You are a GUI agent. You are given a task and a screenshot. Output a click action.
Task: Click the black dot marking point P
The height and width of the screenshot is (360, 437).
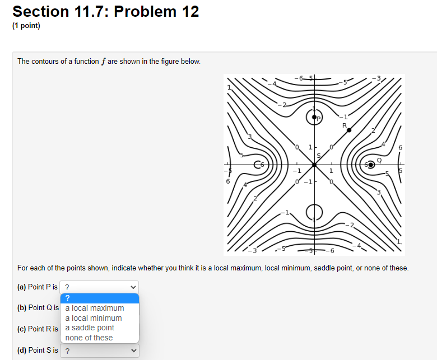[314, 117]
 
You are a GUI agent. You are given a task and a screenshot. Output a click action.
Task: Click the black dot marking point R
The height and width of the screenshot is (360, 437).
[349, 130]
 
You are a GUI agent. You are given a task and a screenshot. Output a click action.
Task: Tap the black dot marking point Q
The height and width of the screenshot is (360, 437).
[371, 165]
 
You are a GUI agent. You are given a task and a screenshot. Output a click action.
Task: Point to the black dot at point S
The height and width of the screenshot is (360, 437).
[314, 165]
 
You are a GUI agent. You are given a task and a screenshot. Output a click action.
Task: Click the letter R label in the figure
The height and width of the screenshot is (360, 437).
[345, 125]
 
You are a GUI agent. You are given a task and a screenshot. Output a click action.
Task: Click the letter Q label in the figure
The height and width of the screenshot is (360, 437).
[379, 159]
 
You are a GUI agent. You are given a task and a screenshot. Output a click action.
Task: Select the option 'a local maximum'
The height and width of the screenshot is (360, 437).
[95, 308]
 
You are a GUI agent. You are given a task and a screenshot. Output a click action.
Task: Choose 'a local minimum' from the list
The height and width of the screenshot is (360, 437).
[94, 318]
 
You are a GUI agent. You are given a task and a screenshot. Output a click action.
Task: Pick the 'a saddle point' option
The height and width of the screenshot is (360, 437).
[90, 328]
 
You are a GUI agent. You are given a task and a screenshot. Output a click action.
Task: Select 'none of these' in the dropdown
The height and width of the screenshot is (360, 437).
[89, 338]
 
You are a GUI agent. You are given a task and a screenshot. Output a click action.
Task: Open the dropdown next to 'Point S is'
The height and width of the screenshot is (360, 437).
[100, 351]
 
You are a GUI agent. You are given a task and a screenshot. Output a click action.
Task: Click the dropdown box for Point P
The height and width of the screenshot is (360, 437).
[100, 287]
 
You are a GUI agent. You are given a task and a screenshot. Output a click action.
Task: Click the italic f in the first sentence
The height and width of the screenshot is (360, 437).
[104, 61]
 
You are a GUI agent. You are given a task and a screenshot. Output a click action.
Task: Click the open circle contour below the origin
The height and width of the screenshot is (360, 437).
[314, 212]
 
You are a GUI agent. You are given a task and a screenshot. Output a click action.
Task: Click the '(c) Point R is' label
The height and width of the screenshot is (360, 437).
[38, 329]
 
